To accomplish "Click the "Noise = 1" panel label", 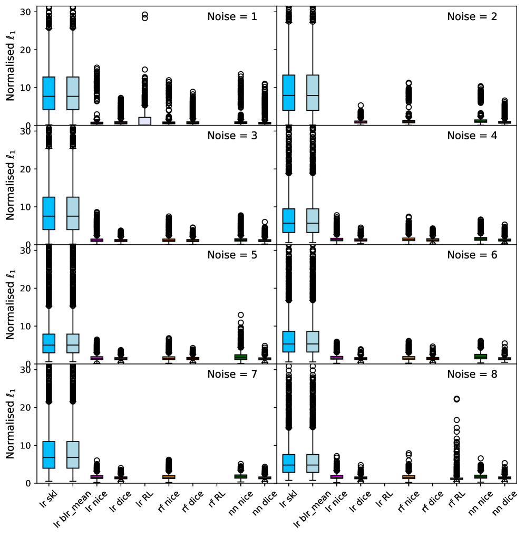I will [x=232, y=16].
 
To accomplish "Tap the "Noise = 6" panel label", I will [x=472, y=255].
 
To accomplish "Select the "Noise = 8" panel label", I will [x=472, y=375].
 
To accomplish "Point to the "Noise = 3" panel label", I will [x=232, y=136].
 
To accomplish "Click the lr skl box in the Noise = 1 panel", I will [x=49, y=93].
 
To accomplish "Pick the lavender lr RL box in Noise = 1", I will [x=145, y=121].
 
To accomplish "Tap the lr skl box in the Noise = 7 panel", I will [x=49, y=455].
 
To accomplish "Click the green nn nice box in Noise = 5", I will [x=241, y=357].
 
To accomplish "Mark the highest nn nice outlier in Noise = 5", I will [x=241, y=315].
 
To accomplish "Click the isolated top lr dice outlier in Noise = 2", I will [x=361, y=106].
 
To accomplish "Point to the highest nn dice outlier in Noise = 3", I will [x=265, y=222].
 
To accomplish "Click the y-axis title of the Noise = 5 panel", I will [x=11, y=304].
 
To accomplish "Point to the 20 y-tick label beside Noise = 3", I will [x=25, y=169].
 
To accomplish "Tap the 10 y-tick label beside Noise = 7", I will [x=25, y=445].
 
